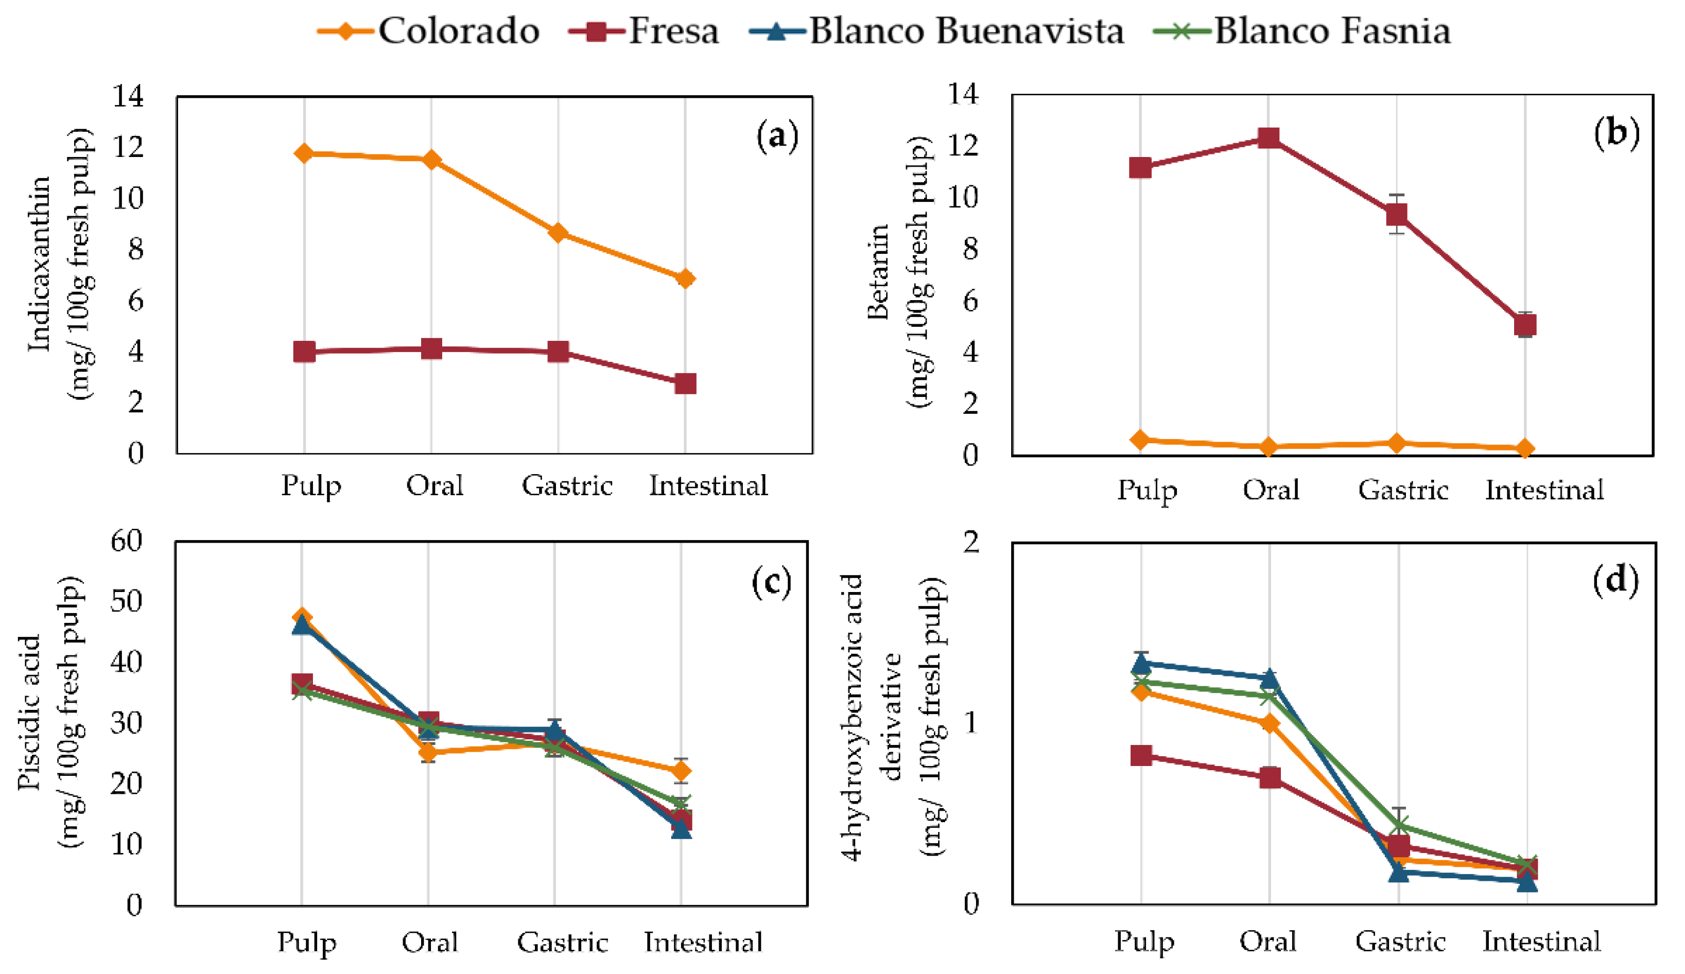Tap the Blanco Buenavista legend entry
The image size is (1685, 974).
coord(936,31)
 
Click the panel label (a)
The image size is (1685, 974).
coord(777,136)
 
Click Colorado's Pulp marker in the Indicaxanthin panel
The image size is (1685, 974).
coord(304,153)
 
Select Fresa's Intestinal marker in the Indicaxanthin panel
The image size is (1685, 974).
coord(685,384)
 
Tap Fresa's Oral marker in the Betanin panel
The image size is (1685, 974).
coord(1269,138)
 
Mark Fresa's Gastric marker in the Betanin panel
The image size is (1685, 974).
coord(1396,215)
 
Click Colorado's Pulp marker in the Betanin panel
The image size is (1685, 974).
coord(1140,439)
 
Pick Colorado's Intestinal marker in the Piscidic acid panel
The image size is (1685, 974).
coord(681,771)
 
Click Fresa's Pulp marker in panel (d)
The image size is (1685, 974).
coord(1141,755)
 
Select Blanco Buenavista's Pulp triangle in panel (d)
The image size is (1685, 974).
coord(1141,664)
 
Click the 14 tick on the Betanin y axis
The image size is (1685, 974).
coord(963,94)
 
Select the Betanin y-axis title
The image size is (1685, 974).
coord(878,273)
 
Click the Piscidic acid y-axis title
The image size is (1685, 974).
coord(29,712)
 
